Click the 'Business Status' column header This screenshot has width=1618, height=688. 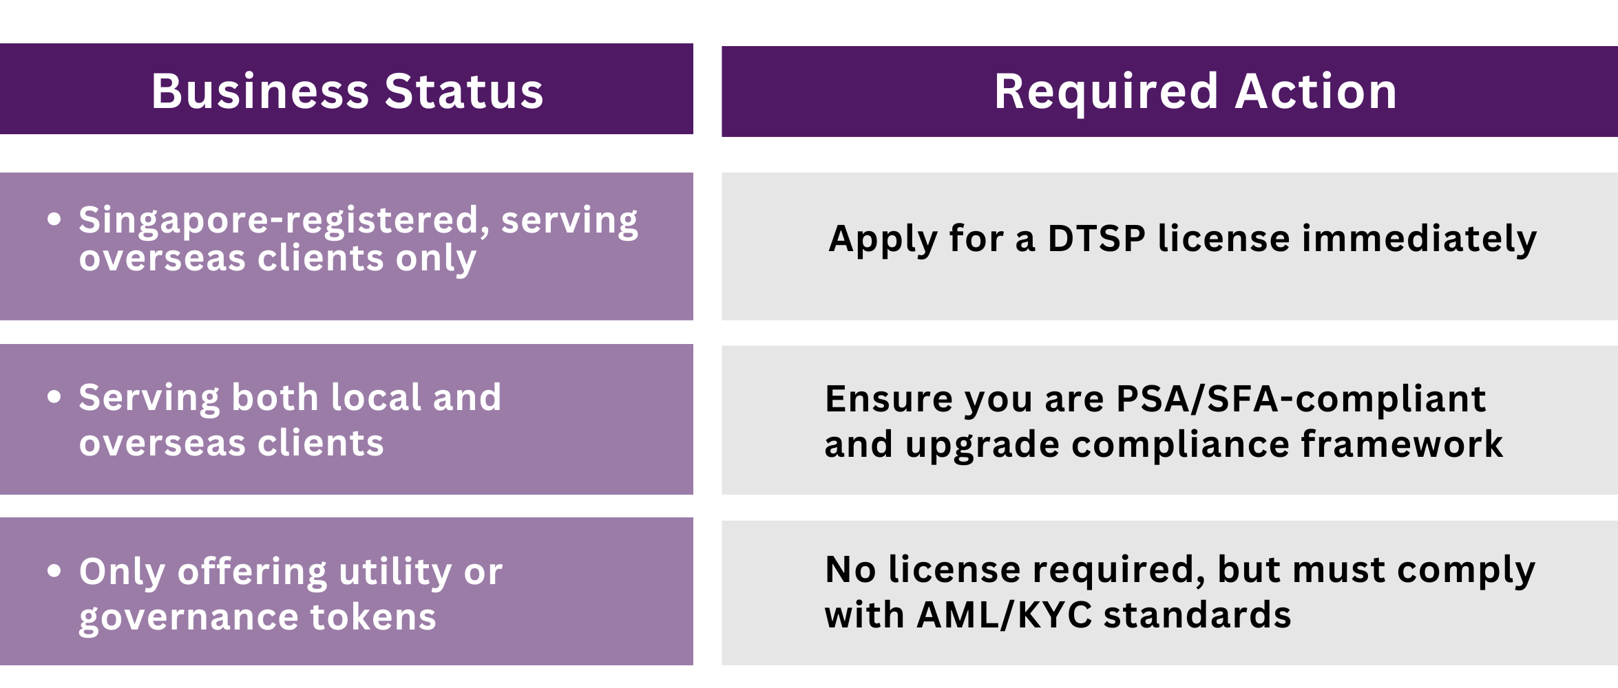347,91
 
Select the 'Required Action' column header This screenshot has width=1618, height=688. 1195,92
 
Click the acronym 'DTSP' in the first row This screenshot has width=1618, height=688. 1097,239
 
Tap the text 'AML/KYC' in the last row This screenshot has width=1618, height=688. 1005,614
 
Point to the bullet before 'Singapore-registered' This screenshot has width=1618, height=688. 54,219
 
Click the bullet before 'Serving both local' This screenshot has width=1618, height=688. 54,397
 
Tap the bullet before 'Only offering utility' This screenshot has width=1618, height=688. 54,570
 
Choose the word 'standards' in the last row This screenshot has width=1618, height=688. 1197,614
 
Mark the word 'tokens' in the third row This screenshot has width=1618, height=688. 373,617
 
